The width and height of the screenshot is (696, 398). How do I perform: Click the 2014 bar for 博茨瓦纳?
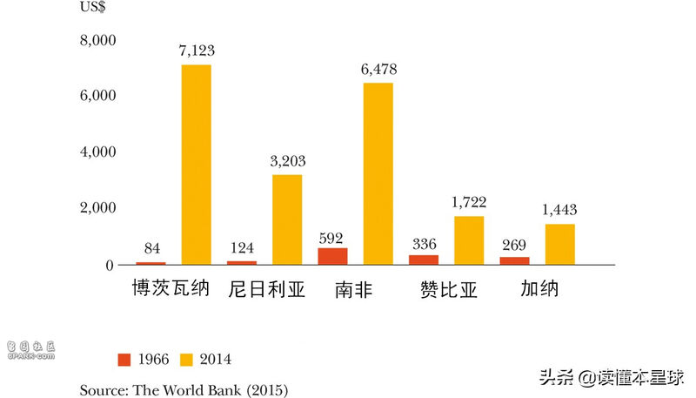click(x=196, y=164)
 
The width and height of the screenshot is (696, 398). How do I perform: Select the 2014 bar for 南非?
click(x=378, y=173)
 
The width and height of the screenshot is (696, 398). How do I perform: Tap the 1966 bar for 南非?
click(x=332, y=256)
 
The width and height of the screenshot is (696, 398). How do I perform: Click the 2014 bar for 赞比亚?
click(x=469, y=239)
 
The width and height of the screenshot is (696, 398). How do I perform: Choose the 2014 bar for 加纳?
click(x=559, y=244)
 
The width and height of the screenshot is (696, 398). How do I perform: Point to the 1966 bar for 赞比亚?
click(x=424, y=260)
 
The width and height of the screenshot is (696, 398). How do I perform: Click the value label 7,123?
click(x=196, y=51)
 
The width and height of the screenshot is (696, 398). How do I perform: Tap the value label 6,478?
click(x=378, y=70)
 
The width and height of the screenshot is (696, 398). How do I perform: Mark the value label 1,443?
click(x=559, y=210)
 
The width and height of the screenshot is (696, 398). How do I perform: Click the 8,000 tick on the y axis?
click(x=97, y=40)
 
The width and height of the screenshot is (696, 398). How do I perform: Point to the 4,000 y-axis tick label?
click(x=97, y=152)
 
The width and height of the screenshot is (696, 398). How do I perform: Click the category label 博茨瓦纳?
click(x=171, y=288)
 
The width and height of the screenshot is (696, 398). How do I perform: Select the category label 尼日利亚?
click(x=267, y=289)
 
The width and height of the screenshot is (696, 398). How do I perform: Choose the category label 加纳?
click(x=539, y=288)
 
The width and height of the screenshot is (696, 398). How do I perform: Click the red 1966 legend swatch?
click(x=124, y=359)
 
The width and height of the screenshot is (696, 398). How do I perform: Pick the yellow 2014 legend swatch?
click(x=187, y=359)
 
